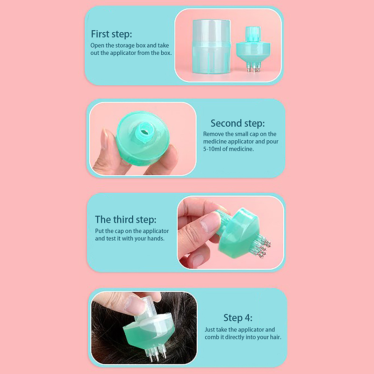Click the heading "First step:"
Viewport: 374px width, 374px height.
coord(111,34)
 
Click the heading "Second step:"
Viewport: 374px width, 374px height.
coord(237,123)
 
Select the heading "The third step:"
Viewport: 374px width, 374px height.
coord(126,220)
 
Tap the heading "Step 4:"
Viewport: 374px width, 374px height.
coord(238,318)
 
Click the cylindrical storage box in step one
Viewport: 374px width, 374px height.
coord(212,46)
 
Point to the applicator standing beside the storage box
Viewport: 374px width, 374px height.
coord(253,50)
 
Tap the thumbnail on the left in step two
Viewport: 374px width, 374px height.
coord(143,139)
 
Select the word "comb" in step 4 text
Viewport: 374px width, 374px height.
coord(212,337)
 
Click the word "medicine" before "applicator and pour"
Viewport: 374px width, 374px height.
coord(215,142)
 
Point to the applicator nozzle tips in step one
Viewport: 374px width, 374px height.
coord(253,68)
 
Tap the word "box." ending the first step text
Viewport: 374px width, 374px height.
coord(166,53)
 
